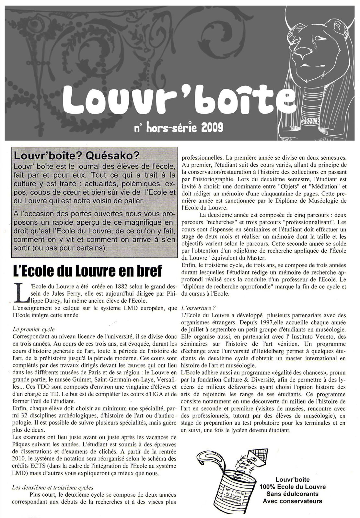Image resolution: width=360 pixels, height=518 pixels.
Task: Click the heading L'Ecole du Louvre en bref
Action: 87,271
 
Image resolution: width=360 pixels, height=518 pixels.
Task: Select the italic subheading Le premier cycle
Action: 34,329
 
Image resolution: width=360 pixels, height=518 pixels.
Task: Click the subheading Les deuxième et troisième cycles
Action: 52,487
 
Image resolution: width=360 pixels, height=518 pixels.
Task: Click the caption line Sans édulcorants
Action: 292,494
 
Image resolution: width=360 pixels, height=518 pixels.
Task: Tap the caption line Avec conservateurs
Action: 292,501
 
